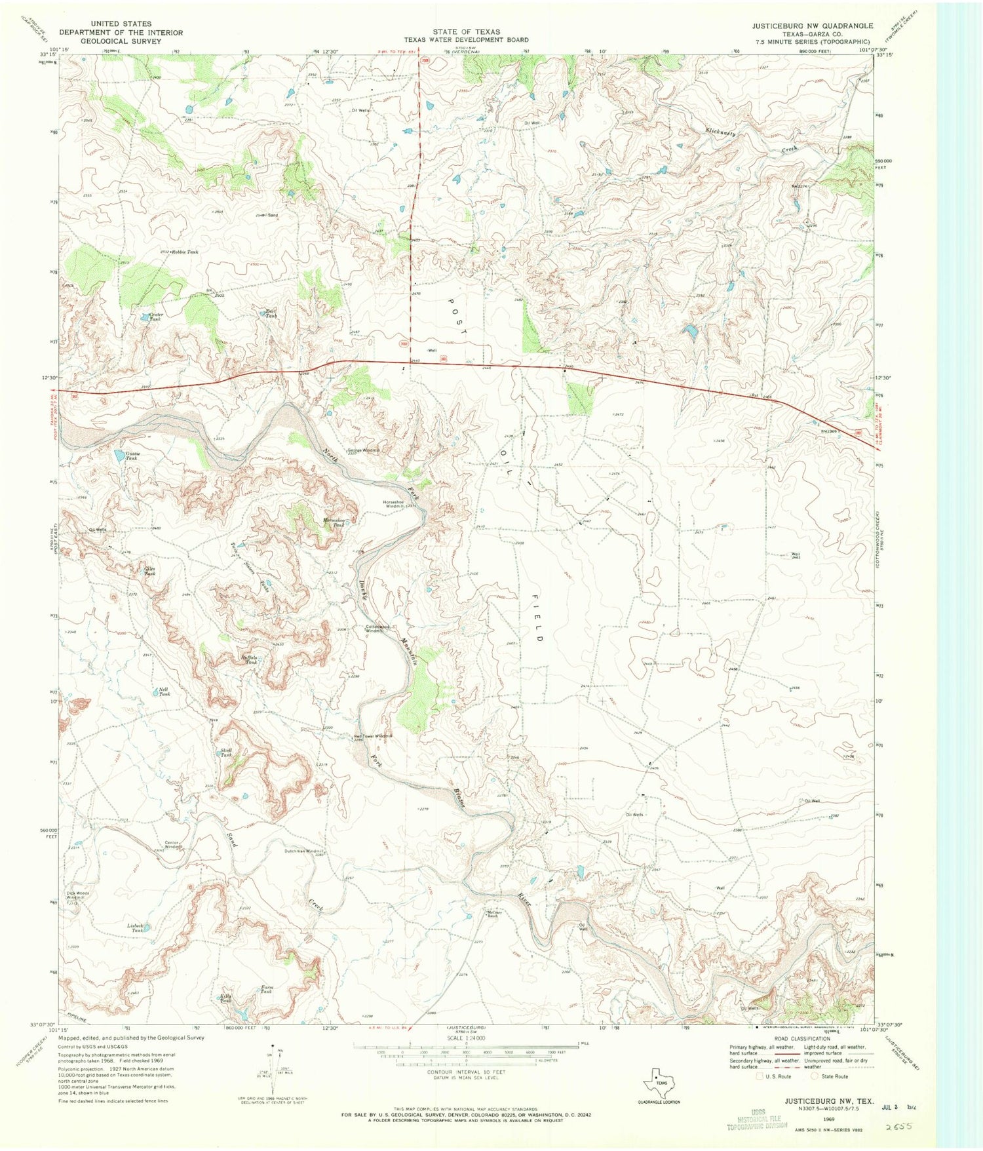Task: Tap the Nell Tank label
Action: [164, 692]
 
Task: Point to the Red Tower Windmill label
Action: [373, 736]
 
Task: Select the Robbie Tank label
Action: [185, 252]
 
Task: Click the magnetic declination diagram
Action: [273, 1072]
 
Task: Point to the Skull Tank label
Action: [226, 752]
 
